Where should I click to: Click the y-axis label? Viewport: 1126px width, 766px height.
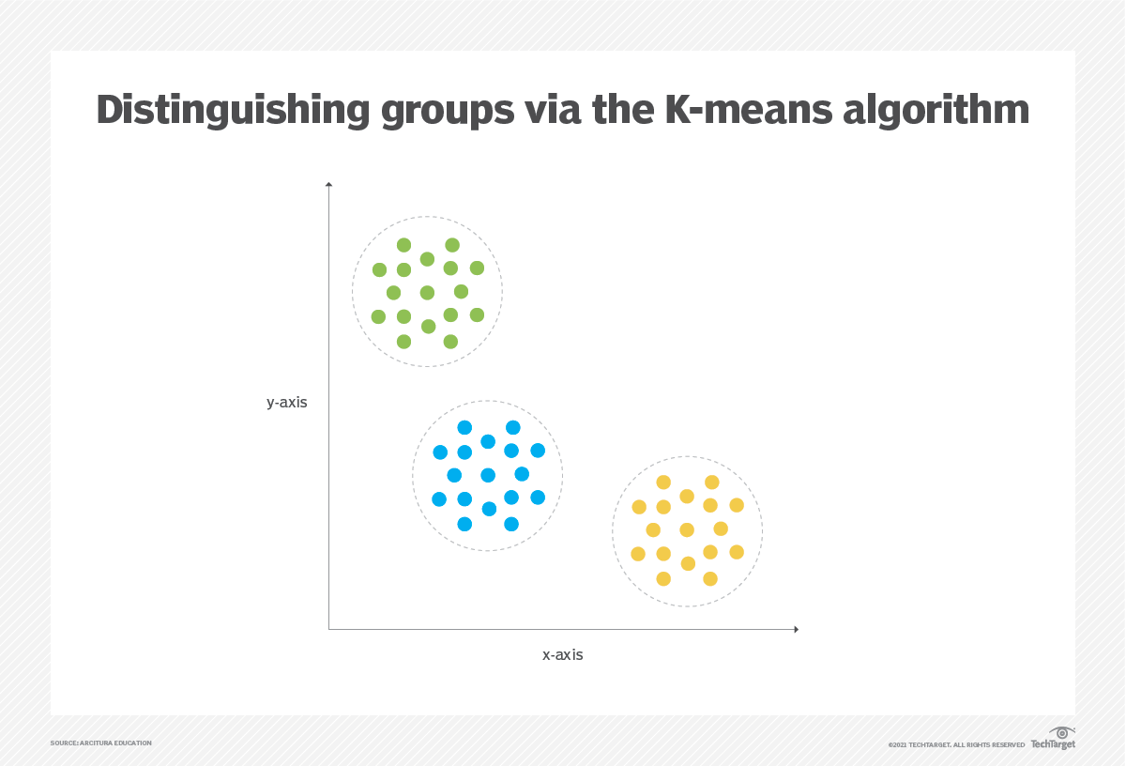point(287,403)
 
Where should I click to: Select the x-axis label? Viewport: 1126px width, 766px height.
point(563,655)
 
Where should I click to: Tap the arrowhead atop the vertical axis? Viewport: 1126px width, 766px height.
point(328,186)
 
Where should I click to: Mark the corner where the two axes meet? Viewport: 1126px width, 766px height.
point(329,629)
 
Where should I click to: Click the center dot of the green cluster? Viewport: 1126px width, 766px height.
point(427,293)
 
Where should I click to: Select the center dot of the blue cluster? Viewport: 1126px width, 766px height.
point(488,475)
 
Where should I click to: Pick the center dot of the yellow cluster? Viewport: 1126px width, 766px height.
point(687,529)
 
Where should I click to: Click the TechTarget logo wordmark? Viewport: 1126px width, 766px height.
point(1053,744)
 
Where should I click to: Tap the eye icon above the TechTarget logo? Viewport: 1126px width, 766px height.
point(1061,732)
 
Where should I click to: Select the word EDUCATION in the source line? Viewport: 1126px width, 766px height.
point(134,743)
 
